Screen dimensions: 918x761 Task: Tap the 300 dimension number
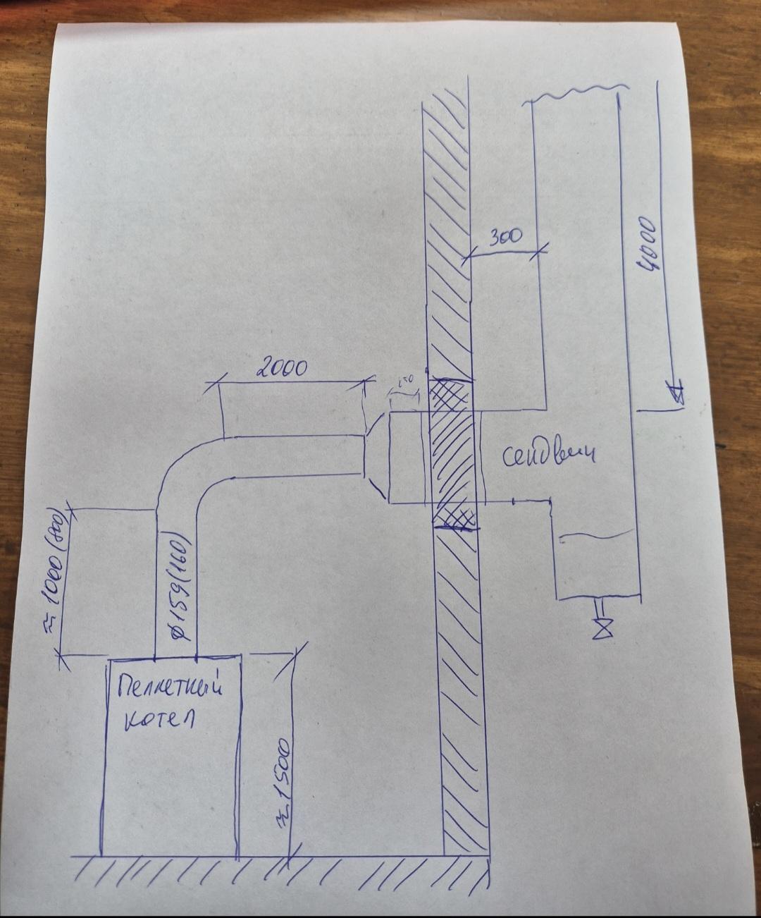coord(505,237)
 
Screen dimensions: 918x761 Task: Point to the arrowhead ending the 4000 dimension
coord(677,394)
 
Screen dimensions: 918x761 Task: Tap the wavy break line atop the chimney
coord(575,90)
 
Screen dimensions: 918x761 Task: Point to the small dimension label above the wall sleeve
coord(405,381)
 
